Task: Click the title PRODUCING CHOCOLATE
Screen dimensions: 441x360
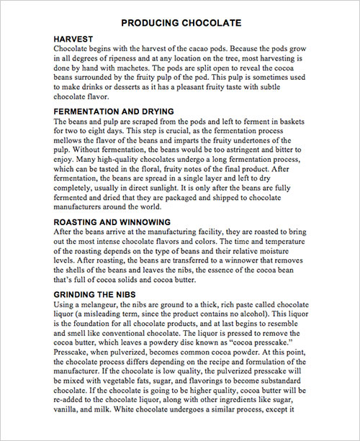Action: click(x=180, y=23)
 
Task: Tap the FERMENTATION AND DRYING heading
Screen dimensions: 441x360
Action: click(x=114, y=112)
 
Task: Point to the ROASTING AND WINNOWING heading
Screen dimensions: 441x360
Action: click(x=112, y=222)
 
